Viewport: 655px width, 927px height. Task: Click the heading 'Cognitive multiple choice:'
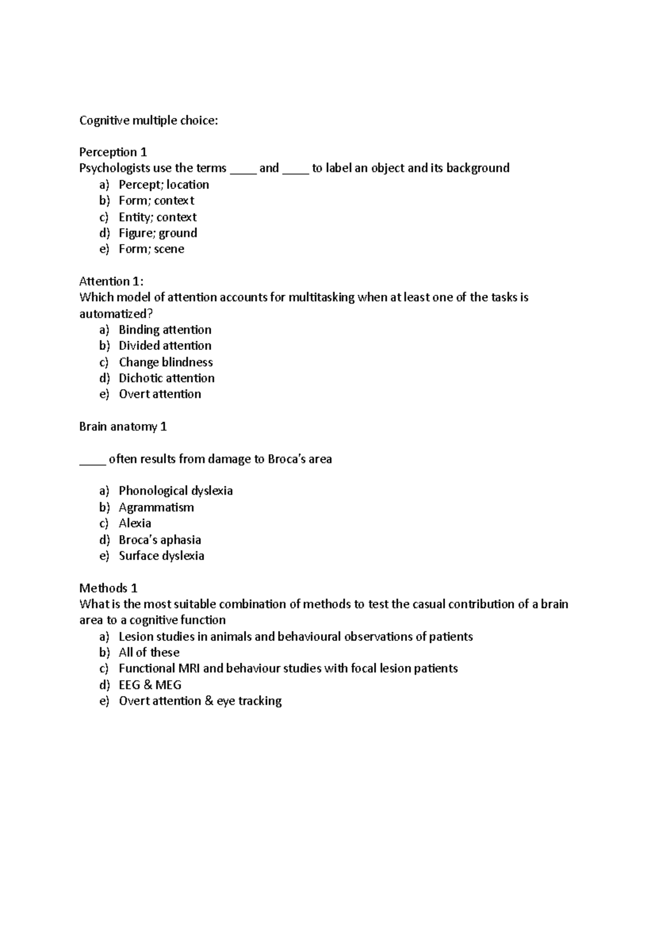tap(148, 121)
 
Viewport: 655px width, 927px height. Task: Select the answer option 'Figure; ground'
tap(158, 233)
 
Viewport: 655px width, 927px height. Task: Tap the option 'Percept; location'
tap(164, 185)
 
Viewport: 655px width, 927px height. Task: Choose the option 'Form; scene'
tap(151, 249)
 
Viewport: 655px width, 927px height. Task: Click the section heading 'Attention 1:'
tap(111, 282)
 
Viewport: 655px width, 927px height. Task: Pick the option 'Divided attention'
tap(165, 346)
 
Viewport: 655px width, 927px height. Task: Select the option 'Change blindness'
tap(165, 362)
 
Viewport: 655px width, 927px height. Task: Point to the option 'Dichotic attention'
tap(166, 378)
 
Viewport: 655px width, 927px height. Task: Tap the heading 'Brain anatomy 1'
tap(123, 427)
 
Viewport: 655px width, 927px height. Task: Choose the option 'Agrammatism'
tap(156, 507)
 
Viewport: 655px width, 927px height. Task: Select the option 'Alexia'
tap(135, 524)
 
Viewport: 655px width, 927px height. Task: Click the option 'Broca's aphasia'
tap(160, 540)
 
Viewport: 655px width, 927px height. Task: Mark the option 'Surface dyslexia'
tap(162, 556)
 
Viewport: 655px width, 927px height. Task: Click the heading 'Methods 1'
tap(108, 589)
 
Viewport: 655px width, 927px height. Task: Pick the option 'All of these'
tap(149, 652)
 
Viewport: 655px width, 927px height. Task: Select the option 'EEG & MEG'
tap(150, 685)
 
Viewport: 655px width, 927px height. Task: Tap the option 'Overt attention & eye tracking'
tap(200, 701)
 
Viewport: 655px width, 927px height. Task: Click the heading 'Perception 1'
tap(113, 152)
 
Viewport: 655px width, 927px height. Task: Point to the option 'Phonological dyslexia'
tap(176, 491)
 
